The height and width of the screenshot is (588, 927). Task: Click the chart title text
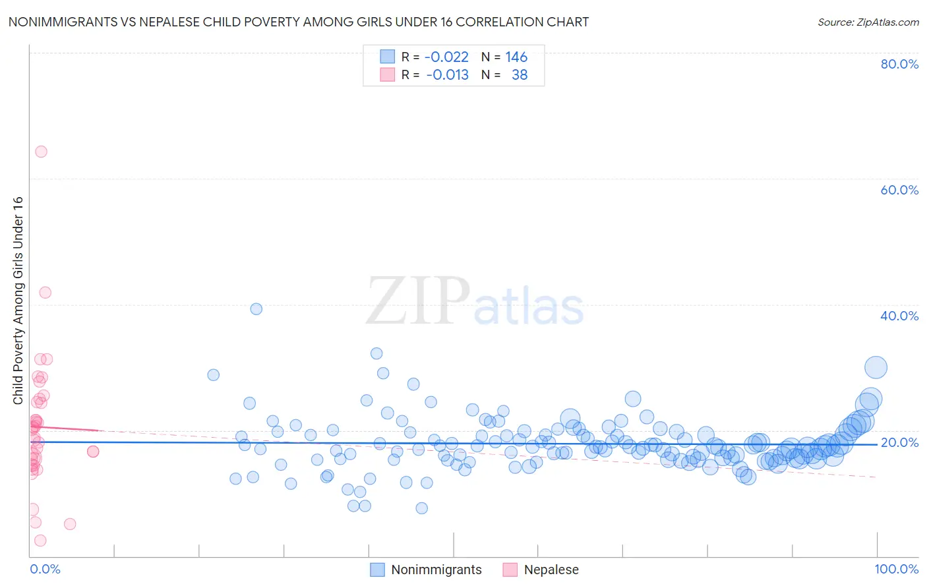pyautogui.click(x=298, y=22)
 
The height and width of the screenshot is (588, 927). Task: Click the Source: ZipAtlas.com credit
pyautogui.click(x=868, y=22)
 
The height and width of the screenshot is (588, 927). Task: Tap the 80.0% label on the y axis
pyautogui.click(x=899, y=64)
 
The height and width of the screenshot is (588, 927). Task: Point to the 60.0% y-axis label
pyautogui.click(x=899, y=190)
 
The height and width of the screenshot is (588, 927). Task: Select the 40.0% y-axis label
pyautogui.click(x=899, y=316)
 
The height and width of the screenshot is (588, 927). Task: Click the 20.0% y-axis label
pyautogui.click(x=899, y=442)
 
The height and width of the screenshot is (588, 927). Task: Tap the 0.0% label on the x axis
pyautogui.click(x=45, y=569)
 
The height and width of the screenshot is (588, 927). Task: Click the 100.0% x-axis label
pyautogui.click(x=896, y=569)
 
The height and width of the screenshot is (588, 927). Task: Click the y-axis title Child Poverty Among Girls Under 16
pyautogui.click(x=18, y=301)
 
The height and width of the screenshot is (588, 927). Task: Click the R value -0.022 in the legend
pyautogui.click(x=446, y=57)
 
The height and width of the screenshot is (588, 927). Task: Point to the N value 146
pyautogui.click(x=516, y=57)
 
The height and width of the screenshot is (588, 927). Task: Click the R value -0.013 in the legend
pyautogui.click(x=447, y=75)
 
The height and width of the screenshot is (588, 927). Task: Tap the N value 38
pyautogui.click(x=520, y=75)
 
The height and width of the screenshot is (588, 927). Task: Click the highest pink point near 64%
pyautogui.click(x=41, y=152)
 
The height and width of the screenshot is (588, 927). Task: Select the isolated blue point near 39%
pyautogui.click(x=256, y=309)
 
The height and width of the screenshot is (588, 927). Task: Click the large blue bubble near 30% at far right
pyautogui.click(x=876, y=367)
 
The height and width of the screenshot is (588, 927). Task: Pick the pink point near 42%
pyautogui.click(x=45, y=293)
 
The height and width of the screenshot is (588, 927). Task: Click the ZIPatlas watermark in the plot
pyautogui.click(x=475, y=301)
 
